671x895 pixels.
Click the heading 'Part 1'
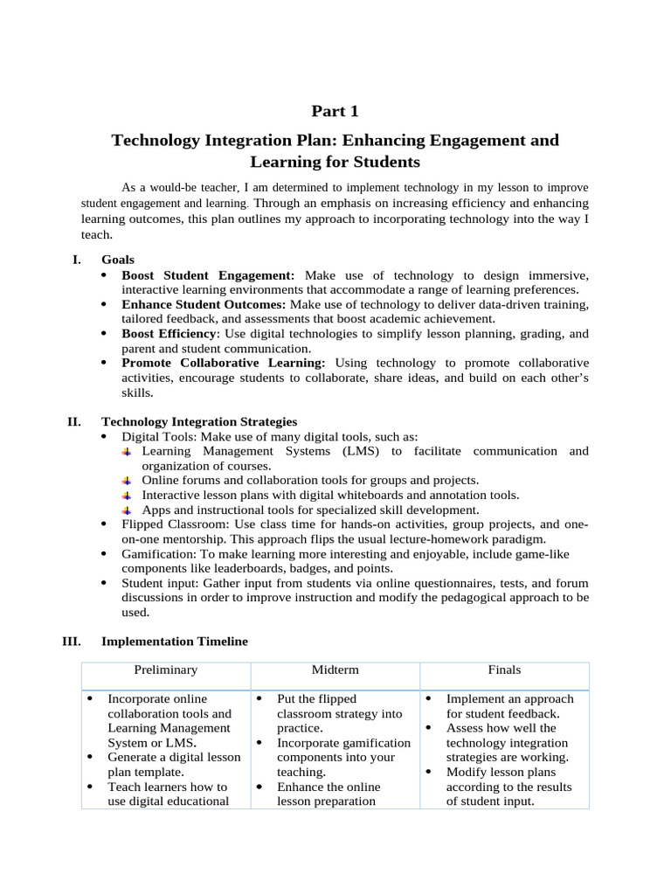(x=335, y=111)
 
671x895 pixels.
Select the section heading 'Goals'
(x=118, y=260)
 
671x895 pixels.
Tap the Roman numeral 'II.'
(x=74, y=421)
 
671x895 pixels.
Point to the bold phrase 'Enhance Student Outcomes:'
(x=204, y=304)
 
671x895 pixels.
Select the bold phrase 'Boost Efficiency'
(x=169, y=334)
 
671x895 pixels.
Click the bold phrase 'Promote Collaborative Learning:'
(x=224, y=363)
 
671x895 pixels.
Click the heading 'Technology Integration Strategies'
(x=199, y=421)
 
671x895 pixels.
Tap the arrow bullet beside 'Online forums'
(x=127, y=481)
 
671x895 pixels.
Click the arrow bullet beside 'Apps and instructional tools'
(x=127, y=510)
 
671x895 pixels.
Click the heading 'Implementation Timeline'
(x=175, y=641)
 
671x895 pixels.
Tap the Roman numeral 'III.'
(x=72, y=641)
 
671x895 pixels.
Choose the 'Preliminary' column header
(x=166, y=670)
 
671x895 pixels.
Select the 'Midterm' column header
(x=335, y=670)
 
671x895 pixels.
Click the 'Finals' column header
(x=504, y=670)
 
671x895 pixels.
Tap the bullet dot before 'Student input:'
(x=105, y=583)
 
